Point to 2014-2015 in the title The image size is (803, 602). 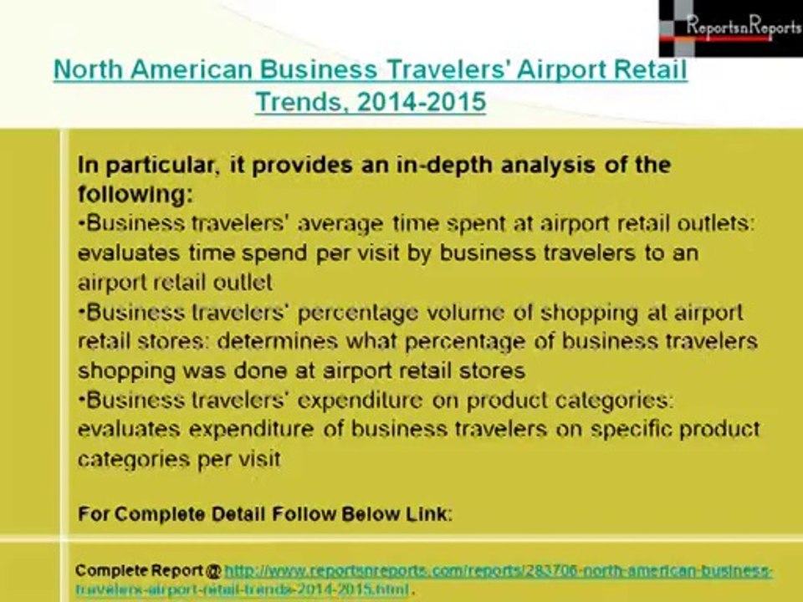[x=421, y=102]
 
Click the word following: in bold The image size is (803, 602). [x=135, y=195]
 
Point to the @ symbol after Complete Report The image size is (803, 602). [x=213, y=571]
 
